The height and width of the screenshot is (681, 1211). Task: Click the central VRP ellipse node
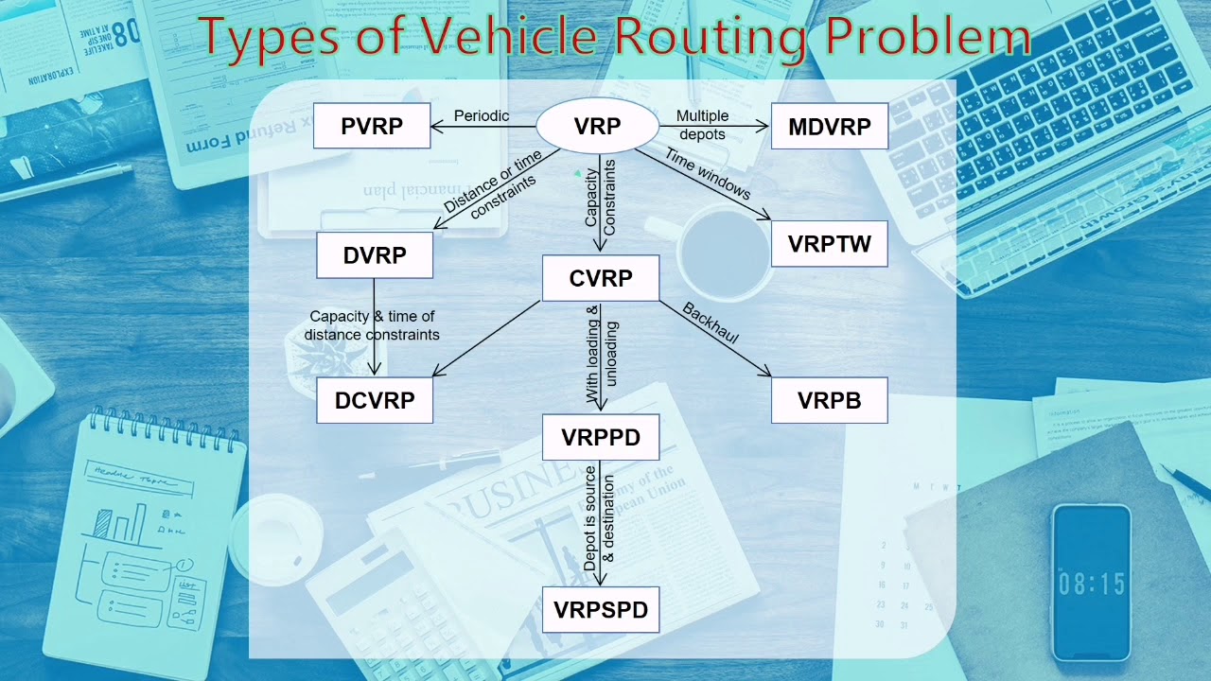pos(597,127)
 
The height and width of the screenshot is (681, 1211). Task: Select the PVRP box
pos(372,127)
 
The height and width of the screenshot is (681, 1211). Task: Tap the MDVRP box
pos(829,127)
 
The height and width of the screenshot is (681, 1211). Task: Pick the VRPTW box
pos(829,244)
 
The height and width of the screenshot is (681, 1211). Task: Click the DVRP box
pos(375,255)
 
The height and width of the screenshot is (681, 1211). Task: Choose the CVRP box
pos(601,278)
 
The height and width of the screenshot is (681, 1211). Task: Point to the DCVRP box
pos(375,400)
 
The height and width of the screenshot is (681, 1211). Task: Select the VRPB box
pos(829,400)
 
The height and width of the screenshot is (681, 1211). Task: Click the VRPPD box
pos(601,437)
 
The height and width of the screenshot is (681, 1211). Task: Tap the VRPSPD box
pos(601,610)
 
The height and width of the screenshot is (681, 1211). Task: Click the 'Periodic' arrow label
pos(482,115)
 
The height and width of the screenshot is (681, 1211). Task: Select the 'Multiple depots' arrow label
pos(702,125)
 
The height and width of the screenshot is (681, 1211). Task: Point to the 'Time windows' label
pos(708,173)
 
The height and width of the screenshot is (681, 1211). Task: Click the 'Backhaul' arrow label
pos(711,323)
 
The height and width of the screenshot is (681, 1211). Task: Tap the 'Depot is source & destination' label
pos(599,518)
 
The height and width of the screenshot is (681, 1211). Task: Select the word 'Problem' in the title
pos(927,37)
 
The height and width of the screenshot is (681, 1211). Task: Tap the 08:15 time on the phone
pos(1091,584)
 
